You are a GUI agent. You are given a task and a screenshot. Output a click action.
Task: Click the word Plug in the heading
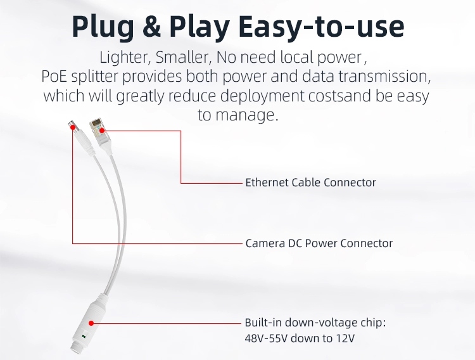(103, 27)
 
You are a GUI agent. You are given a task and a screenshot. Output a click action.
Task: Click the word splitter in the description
(94, 77)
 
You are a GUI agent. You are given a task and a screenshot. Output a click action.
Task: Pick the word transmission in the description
(384, 77)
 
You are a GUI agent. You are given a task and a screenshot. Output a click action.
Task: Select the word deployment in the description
(262, 96)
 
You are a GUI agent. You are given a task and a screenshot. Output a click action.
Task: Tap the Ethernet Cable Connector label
(310, 183)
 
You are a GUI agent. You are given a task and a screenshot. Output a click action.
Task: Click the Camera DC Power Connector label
(319, 243)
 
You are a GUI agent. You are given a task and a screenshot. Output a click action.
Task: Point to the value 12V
(345, 338)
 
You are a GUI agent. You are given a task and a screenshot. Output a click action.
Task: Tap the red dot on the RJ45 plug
(102, 131)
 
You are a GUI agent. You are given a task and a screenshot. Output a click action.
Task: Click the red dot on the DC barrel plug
(73, 127)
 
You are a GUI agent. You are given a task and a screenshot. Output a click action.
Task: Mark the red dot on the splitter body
(91, 323)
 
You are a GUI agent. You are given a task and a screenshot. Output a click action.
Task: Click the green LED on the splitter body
(84, 336)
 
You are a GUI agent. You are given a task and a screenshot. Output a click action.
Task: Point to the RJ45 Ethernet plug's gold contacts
(96, 123)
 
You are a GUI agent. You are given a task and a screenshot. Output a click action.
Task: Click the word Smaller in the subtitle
(184, 57)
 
